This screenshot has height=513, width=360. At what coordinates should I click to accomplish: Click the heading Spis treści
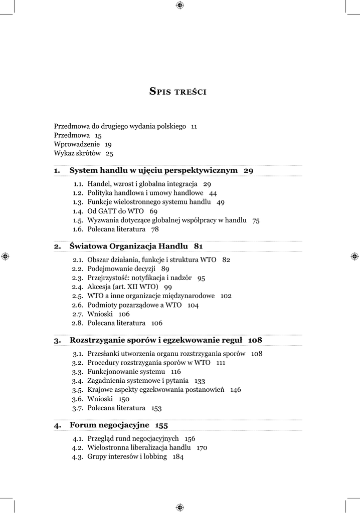178,91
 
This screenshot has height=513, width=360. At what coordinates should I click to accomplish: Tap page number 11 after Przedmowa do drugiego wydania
194,127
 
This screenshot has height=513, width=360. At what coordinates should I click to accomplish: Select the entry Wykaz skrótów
77,153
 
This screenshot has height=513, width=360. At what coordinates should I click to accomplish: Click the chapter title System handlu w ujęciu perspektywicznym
153,170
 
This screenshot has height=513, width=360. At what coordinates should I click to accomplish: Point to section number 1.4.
78,211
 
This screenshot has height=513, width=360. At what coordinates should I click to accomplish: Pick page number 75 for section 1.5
256,220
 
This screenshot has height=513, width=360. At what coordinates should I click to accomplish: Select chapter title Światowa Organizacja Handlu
128,246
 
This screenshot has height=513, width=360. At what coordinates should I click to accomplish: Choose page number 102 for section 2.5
226,296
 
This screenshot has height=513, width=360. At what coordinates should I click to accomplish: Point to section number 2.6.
78,305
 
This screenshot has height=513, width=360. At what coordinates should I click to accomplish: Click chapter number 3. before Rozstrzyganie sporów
58,340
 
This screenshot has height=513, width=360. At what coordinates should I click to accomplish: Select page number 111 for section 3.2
221,363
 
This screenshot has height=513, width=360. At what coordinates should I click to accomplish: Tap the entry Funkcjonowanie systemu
126,372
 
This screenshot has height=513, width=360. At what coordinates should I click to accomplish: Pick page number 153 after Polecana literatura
156,408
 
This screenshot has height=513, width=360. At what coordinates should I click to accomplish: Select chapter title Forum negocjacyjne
109,425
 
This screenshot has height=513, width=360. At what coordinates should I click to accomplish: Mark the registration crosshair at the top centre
180,6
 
